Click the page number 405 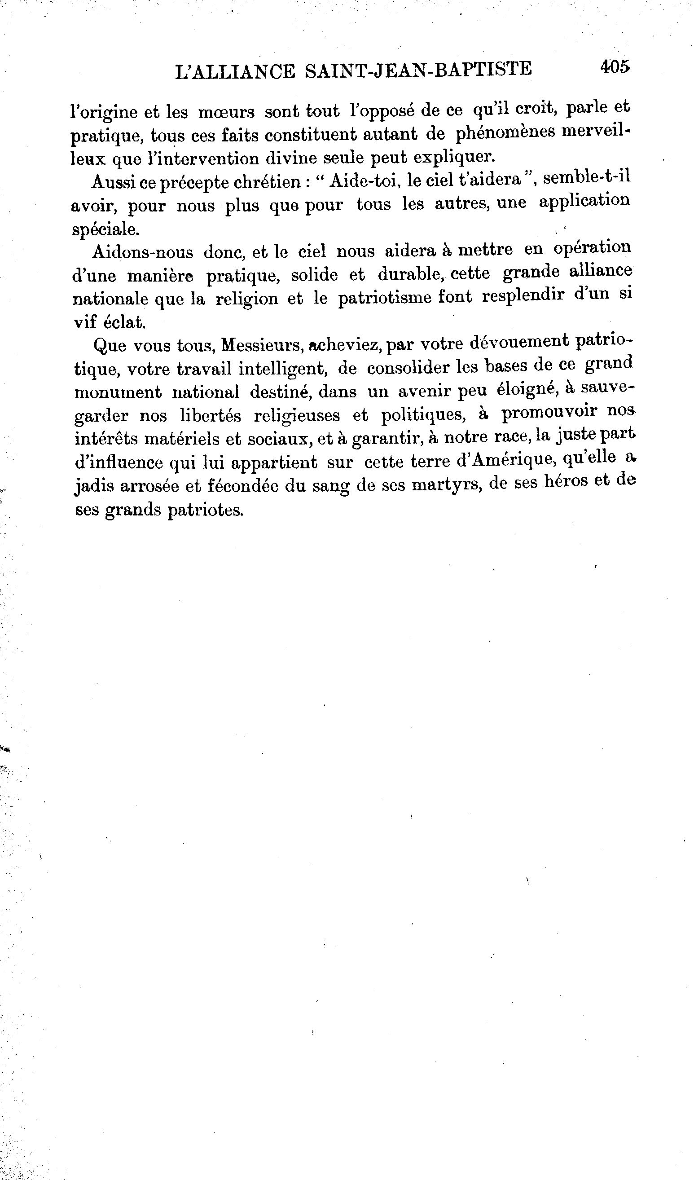[615, 66]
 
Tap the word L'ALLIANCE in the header [235, 72]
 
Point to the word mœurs [226, 113]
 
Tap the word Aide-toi [365, 181]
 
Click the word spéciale [105, 229]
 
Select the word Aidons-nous [142, 252]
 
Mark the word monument [118, 392]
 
